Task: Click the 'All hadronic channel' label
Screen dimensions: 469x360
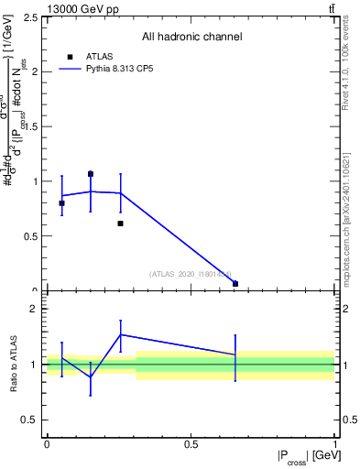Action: click(191, 37)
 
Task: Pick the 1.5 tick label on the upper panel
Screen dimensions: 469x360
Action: click(32, 126)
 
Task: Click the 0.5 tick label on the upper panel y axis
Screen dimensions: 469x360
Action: click(32, 236)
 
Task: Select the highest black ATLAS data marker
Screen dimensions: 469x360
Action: click(91, 173)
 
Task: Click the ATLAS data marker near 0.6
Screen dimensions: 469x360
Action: click(120, 223)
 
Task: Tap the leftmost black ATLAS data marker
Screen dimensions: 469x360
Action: click(61, 203)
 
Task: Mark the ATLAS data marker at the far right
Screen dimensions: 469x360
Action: click(235, 284)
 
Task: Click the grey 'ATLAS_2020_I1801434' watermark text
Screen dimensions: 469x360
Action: click(191, 272)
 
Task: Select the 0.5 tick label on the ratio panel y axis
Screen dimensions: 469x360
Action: click(32, 420)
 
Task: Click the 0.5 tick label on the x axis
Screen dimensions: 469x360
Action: click(191, 444)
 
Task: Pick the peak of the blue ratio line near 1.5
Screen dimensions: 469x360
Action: click(120, 334)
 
